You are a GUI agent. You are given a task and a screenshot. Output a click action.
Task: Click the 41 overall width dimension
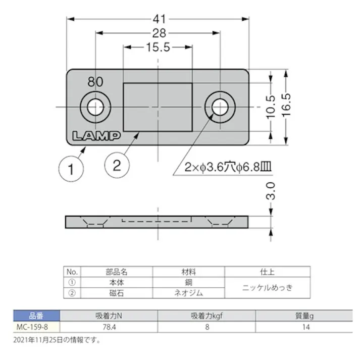[159, 19]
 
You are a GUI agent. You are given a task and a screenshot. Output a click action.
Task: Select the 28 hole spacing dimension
[159, 33]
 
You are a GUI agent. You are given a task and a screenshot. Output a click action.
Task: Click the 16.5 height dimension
[287, 107]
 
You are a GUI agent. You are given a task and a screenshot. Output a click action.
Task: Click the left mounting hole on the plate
[95, 107]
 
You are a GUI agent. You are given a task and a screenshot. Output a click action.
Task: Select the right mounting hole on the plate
[220, 107]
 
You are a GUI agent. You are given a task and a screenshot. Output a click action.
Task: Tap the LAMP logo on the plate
[95, 136]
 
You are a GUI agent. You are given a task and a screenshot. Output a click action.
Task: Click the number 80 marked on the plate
[95, 81]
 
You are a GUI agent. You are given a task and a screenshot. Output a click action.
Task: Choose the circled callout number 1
[74, 169]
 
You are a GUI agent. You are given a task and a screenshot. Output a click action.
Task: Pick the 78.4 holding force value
[108, 327]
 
